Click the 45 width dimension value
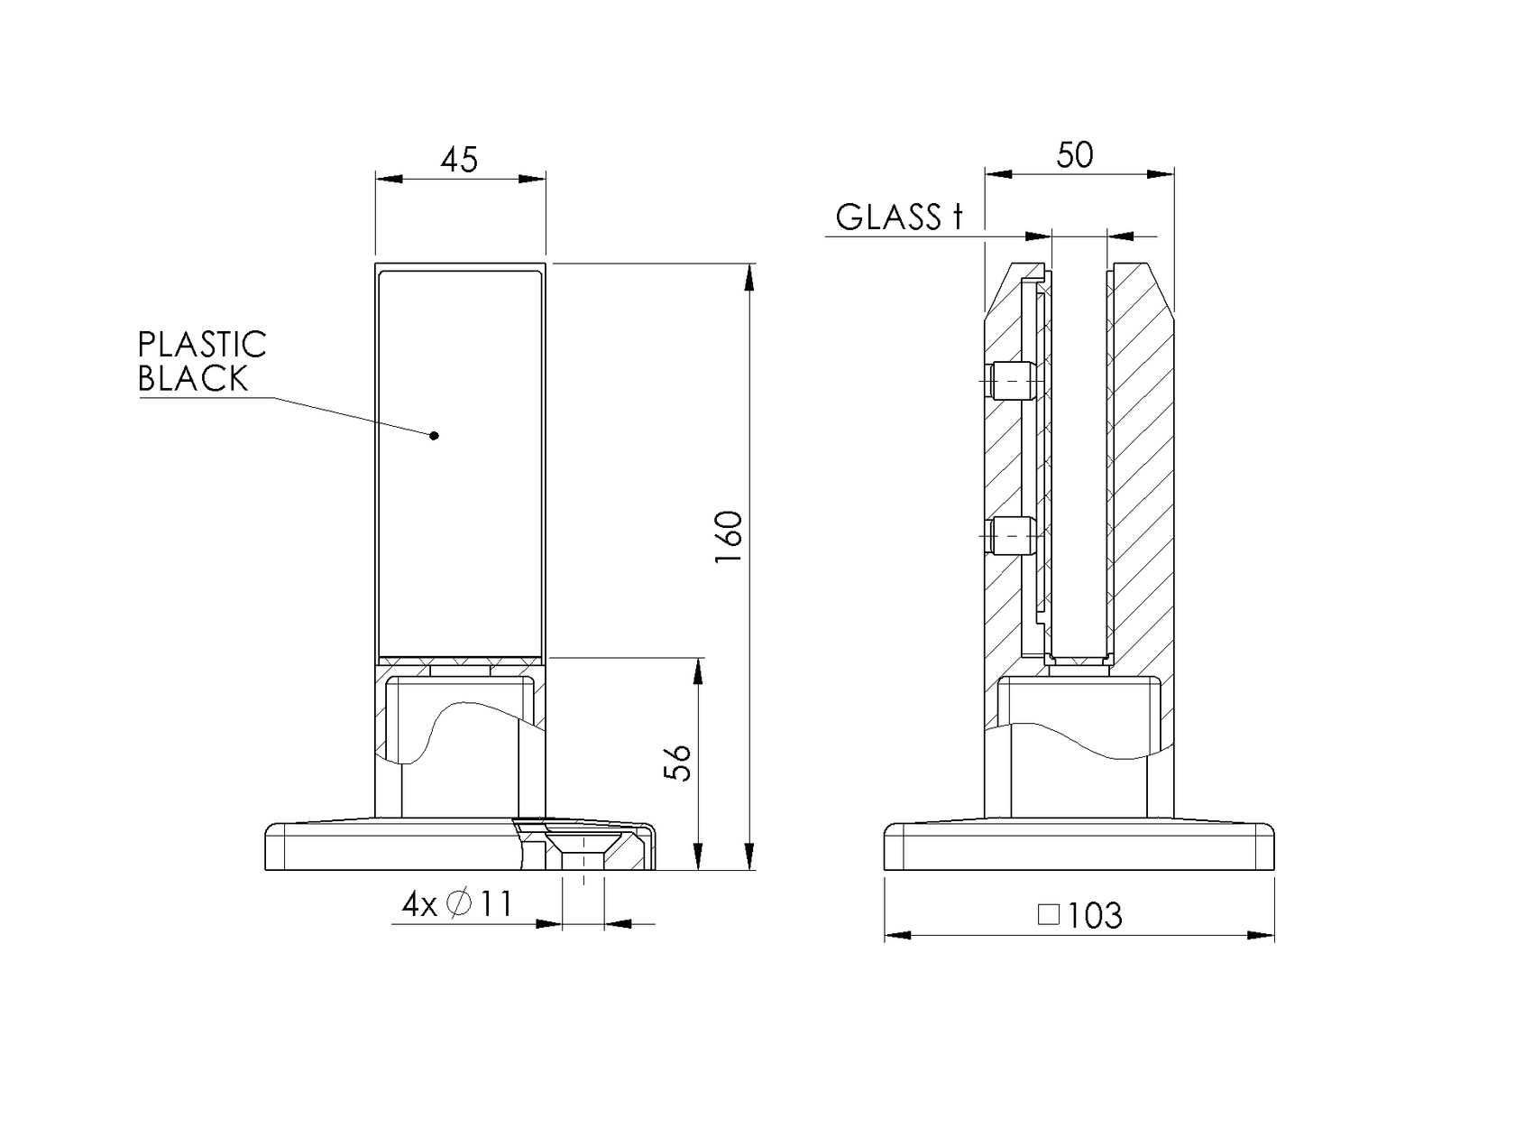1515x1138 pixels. coord(459,160)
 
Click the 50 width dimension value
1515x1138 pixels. coord(1075,155)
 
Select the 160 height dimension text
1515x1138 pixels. coord(729,538)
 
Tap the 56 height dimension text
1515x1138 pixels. coord(678,763)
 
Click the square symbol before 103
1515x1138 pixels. coord(1048,915)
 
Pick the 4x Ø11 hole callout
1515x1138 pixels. coord(457,903)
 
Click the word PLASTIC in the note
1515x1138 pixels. coord(202,345)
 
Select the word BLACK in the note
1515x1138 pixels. coord(193,379)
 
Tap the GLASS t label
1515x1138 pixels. coord(899,217)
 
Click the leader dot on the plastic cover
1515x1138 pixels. coord(435,436)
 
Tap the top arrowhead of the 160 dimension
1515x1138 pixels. coord(748,276)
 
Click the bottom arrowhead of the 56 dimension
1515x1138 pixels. coord(698,857)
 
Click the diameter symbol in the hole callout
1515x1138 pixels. coord(459,903)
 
